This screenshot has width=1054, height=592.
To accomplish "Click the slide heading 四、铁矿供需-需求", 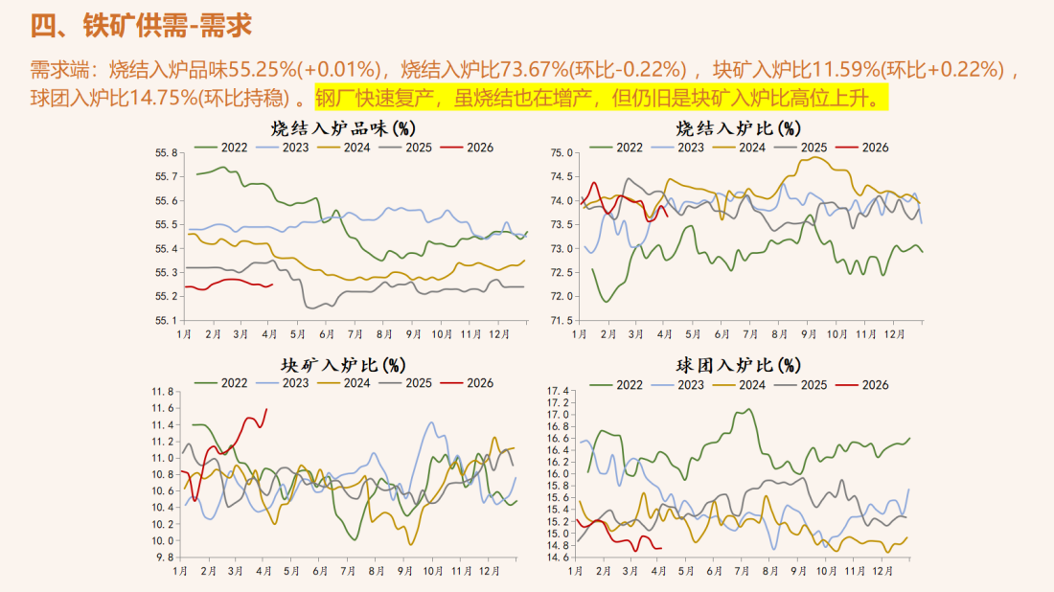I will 141,25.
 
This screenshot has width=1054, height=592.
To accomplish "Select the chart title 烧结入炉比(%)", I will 738,127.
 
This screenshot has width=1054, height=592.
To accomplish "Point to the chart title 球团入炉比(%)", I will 738,365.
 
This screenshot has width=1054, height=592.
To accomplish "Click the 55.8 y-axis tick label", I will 168,152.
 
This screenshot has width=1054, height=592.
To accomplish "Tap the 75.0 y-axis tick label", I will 561,152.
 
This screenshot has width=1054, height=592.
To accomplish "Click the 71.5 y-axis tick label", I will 561,320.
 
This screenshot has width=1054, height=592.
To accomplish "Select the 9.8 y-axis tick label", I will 166,557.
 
